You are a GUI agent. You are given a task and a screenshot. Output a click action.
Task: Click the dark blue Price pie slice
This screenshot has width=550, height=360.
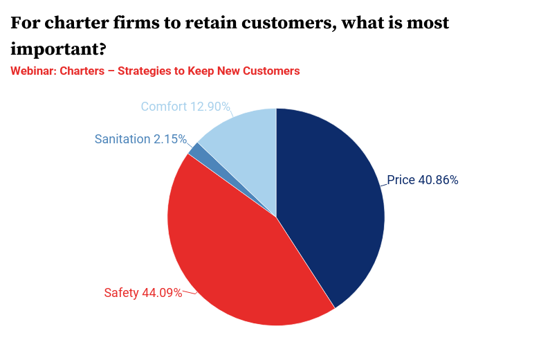332,208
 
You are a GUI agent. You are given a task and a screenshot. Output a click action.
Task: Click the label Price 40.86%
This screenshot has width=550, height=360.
422,180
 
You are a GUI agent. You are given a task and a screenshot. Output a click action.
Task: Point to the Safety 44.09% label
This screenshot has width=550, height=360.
143,293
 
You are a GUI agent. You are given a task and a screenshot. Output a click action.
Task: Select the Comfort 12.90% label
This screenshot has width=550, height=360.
185,107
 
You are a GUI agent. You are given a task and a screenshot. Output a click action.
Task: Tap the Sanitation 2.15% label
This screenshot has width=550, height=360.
140,139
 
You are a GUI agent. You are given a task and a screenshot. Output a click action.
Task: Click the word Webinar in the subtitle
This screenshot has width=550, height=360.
33,71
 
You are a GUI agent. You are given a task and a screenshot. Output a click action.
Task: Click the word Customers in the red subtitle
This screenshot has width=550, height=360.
272,71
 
